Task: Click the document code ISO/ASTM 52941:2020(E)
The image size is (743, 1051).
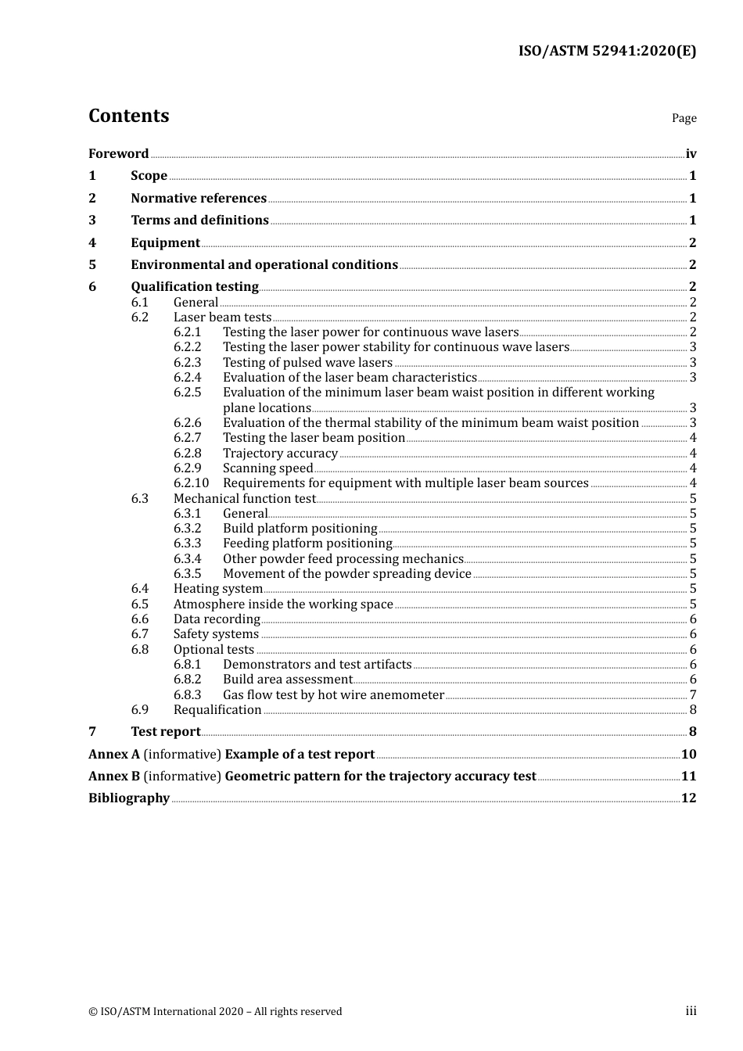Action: [607, 51]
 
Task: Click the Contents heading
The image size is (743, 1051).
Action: [128, 116]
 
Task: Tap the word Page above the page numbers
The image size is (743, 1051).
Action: [684, 118]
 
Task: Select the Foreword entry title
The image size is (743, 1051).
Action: [118, 154]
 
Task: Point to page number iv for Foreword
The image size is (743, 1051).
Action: [691, 154]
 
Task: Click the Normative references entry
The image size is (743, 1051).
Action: [199, 199]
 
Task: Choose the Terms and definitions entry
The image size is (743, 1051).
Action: [199, 221]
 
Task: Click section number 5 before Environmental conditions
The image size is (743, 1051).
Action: [92, 265]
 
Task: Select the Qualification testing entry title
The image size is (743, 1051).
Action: [195, 287]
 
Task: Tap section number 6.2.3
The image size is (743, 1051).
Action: [187, 363]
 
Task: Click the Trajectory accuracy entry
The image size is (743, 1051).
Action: [280, 454]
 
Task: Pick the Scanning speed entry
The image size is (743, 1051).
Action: [267, 468]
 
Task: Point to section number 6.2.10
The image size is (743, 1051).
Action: [191, 483]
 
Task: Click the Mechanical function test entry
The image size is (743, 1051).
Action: [244, 499]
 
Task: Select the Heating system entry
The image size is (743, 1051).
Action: [217, 589]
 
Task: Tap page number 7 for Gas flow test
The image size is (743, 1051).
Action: [693, 695]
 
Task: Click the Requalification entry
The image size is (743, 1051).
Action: [217, 710]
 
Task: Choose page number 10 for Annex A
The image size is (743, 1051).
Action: [688, 755]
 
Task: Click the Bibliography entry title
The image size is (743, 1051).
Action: [129, 798]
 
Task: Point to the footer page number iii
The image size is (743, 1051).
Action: [691, 1011]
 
